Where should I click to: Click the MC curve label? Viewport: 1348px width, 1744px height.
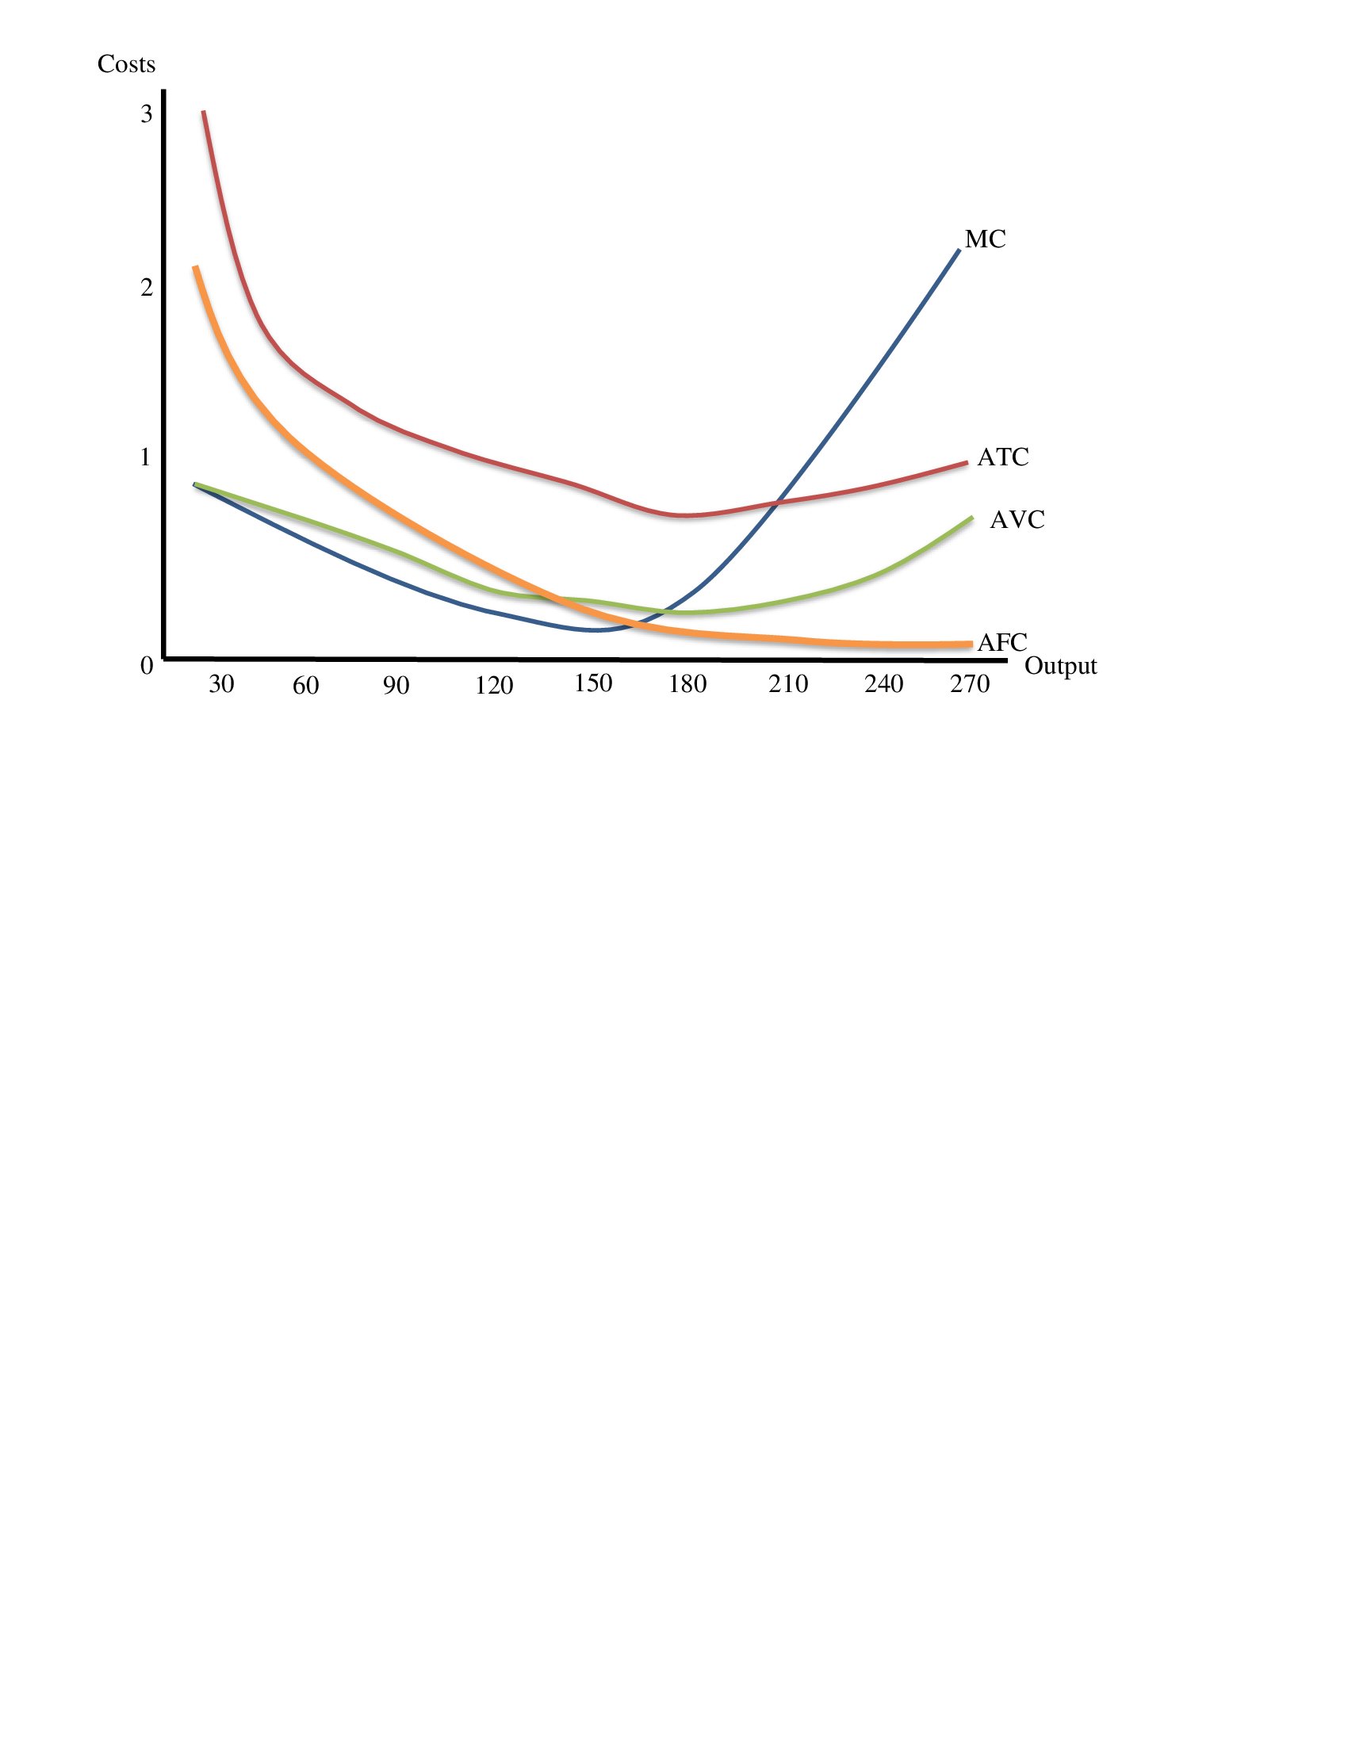985,239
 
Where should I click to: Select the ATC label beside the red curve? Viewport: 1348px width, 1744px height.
1003,457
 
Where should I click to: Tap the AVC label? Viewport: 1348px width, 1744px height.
1017,520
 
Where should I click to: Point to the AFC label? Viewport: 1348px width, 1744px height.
1002,642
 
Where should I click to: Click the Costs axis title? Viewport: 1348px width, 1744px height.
126,65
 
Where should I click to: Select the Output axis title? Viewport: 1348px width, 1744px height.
1060,666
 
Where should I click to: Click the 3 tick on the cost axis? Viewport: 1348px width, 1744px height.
146,115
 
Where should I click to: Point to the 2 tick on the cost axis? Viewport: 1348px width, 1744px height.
146,288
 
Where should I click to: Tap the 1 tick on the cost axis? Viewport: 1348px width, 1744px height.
145,457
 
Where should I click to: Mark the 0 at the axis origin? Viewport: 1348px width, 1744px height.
146,666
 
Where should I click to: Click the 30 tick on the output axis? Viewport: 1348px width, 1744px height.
221,684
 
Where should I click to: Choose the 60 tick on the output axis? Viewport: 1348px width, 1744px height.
306,686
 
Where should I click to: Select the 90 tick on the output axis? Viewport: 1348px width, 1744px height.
396,686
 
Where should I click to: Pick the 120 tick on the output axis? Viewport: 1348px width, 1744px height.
493,686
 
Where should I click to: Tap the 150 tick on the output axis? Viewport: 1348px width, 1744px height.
592,683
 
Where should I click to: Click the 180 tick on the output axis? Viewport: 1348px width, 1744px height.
687,684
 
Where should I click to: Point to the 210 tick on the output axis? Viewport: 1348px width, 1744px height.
788,684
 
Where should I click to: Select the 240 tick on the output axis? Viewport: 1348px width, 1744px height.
883,684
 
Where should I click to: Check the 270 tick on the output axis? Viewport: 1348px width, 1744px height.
970,684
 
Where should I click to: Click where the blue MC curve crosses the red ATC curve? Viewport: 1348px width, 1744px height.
776,503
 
